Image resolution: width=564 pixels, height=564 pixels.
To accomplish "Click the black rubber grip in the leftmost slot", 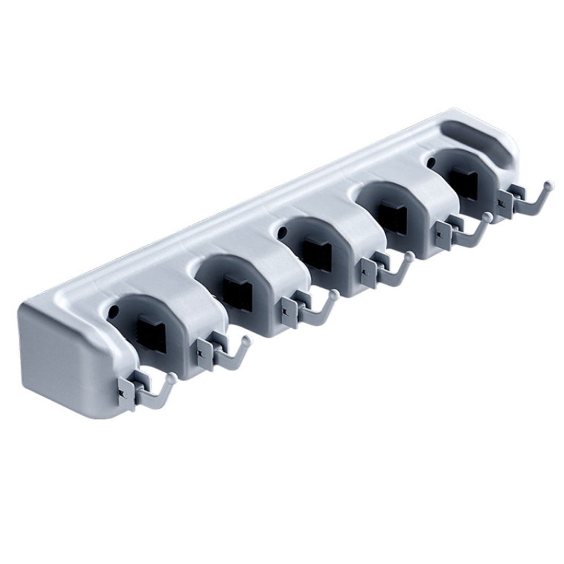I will click(x=151, y=329).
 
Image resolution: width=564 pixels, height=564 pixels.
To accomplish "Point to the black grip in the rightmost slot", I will click(x=466, y=179).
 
